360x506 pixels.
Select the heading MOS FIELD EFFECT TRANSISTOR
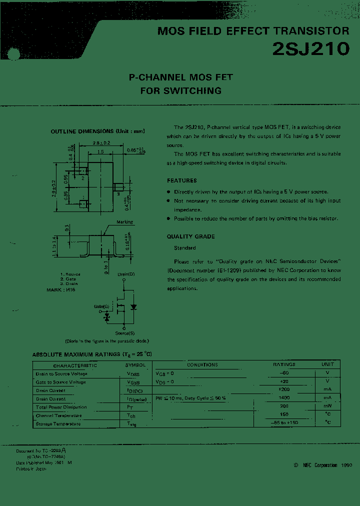pyautogui.click(x=253, y=31)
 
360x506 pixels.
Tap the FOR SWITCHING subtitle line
pyautogui.click(x=180, y=91)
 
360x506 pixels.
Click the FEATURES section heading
pyautogui.click(x=181, y=180)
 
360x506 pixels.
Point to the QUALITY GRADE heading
pyautogui.click(x=190, y=236)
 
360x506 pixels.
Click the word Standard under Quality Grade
pyautogui.click(x=184, y=248)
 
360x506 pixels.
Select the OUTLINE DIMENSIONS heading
pyautogui.click(x=97, y=131)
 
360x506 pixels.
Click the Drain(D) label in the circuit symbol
pyautogui.click(x=126, y=274)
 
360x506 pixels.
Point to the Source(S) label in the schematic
pyautogui.click(x=125, y=332)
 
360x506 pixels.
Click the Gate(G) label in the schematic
pyautogui.click(x=102, y=305)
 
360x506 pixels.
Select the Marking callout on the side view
pyautogui.click(x=124, y=222)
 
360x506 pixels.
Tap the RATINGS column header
pyautogui.click(x=284, y=364)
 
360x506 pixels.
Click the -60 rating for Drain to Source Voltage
pyautogui.click(x=284, y=373)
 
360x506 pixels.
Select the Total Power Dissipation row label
pyautogui.click(x=61, y=407)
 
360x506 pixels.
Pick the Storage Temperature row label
pyautogui.click(x=58, y=424)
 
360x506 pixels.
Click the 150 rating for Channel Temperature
pyautogui.click(x=284, y=415)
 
